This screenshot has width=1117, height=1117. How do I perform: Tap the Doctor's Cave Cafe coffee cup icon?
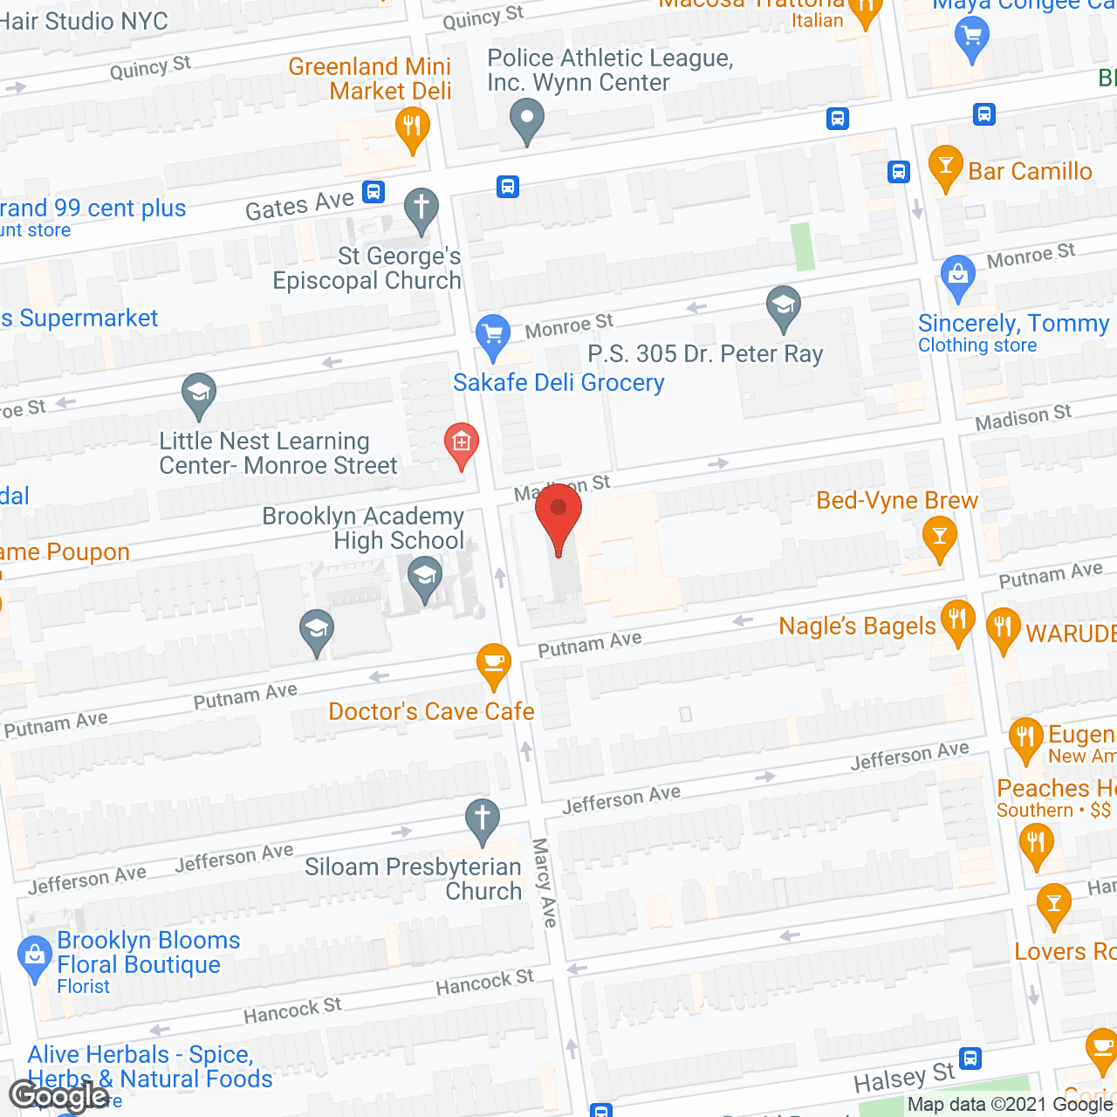point(494,665)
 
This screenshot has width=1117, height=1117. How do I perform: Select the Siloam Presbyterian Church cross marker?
point(482,821)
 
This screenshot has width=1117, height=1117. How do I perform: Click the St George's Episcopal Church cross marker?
point(421,210)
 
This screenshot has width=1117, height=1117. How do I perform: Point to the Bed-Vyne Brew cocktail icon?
point(939,537)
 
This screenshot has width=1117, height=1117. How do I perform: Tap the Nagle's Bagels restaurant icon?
point(958,622)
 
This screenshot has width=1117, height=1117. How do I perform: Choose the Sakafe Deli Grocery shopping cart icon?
point(493,336)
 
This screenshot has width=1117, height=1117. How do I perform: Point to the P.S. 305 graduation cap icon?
point(784,307)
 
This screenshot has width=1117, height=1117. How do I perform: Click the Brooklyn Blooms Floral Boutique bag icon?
point(35,956)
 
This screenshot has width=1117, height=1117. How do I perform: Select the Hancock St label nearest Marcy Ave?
point(484,983)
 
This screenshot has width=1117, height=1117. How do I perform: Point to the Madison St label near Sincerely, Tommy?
point(1023,418)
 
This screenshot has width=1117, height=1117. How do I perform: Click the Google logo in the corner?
point(58,1095)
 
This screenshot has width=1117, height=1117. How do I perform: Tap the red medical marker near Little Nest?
point(461,444)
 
